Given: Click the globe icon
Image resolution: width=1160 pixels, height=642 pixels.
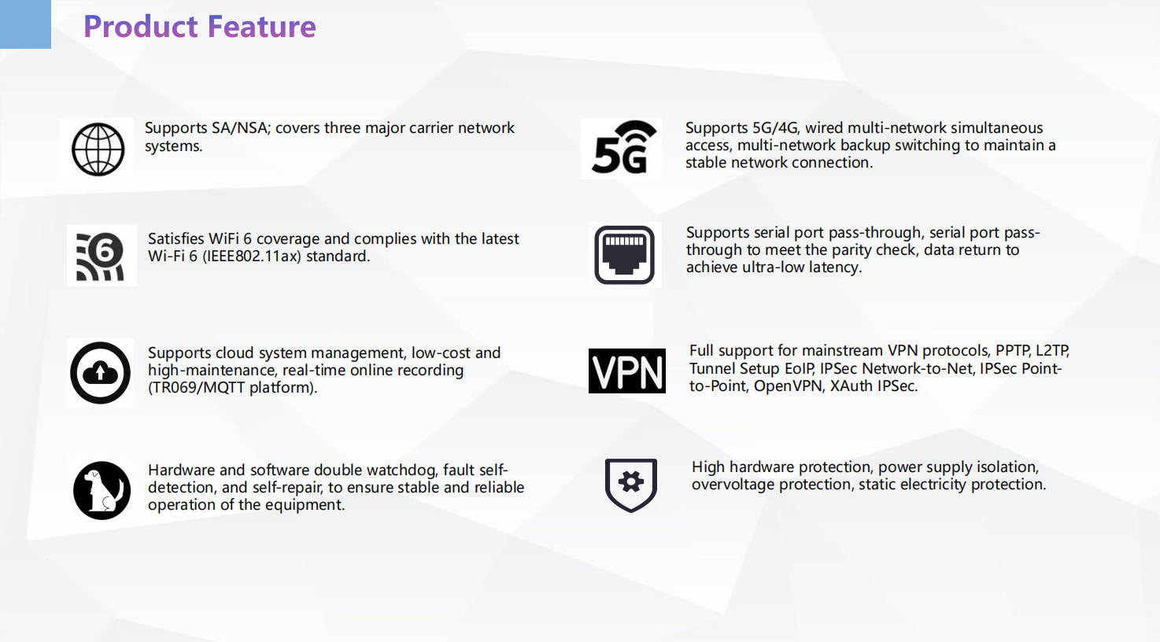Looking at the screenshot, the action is (98, 149).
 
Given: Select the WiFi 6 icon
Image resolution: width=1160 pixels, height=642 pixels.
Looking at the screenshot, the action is (101, 256).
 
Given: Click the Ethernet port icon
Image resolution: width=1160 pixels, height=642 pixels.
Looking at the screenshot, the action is (625, 255).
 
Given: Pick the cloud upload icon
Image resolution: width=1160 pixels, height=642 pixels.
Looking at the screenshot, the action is (100, 373).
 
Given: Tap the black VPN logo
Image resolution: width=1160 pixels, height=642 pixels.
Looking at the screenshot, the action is (627, 371).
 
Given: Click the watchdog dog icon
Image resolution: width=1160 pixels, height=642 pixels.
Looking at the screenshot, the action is (102, 490).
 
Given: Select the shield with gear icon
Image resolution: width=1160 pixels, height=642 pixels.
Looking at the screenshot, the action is (630, 485).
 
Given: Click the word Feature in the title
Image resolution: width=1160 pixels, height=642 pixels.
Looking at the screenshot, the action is (262, 27).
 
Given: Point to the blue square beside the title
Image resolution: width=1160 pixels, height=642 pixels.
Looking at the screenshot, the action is (25, 24).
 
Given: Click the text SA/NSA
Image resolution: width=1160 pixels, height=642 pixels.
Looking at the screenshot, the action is (241, 128).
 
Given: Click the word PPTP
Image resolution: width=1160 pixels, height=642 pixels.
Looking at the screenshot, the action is (1013, 351).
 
